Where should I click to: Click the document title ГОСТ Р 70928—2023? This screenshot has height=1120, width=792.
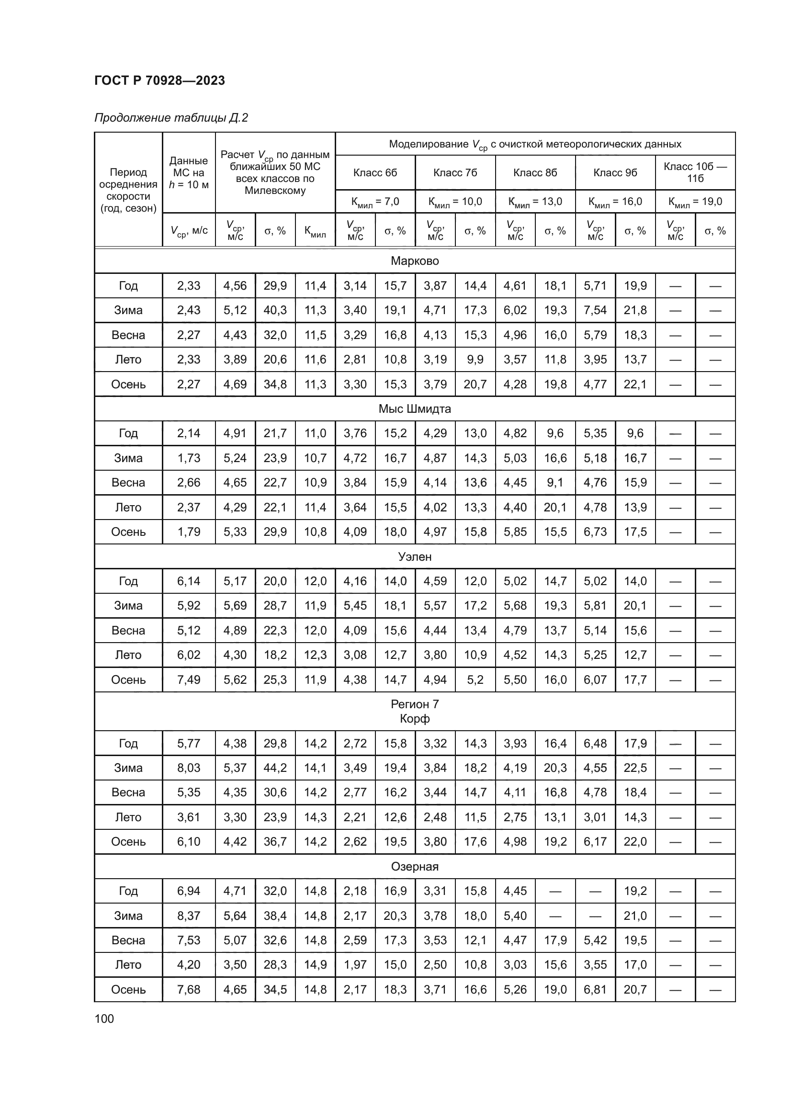[x=159, y=80]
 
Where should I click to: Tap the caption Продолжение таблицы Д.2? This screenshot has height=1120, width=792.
[x=170, y=118]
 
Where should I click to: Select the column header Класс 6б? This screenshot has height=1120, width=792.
[x=375, y=173]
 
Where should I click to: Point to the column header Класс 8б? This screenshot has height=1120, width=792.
[x=535, y=173]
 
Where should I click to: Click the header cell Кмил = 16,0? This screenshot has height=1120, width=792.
[x=615, y=202]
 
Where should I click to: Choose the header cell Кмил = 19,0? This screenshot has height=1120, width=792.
[x=695, y=202]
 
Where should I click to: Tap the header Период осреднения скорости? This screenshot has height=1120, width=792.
[x=128, y=190]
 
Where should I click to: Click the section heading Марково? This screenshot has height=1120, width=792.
[x=415, y=261]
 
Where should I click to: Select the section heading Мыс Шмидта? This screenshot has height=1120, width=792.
[x=415, y=409]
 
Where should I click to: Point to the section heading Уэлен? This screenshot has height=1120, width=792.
[x=415, y=556]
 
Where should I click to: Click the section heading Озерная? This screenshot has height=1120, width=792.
[x=415, y=866]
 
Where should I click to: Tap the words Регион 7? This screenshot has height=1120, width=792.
[x=415, y=704]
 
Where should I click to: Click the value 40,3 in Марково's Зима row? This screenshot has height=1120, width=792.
[x=275, y=310]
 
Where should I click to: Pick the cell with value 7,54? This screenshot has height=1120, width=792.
[x=595, y=310]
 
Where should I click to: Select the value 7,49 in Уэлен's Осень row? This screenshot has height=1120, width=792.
[x=189, y=679]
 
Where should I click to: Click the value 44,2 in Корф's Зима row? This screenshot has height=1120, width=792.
[x=275, y=768]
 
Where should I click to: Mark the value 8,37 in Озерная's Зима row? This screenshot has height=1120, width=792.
[x=189, y=916]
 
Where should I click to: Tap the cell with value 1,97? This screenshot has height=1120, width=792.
[x=355, y=964]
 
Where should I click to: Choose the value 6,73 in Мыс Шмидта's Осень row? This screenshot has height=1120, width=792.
[x=595, y=532]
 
